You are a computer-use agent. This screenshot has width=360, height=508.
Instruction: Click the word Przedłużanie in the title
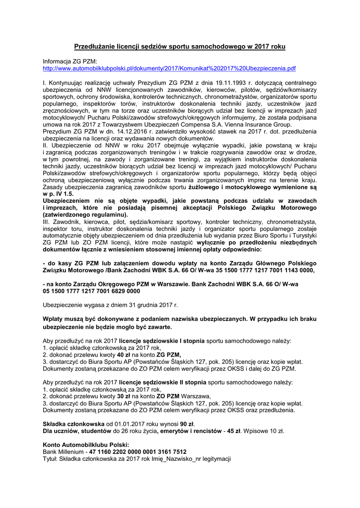pos(94,46)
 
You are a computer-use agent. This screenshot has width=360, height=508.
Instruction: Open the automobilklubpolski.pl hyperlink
pos(169,68)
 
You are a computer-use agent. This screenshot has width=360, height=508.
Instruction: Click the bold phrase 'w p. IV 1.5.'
pos(58,193)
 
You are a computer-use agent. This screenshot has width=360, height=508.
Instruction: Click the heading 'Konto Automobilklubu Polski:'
pos(86,445)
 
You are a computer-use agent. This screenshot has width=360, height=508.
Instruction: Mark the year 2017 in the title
pos(263,46)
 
